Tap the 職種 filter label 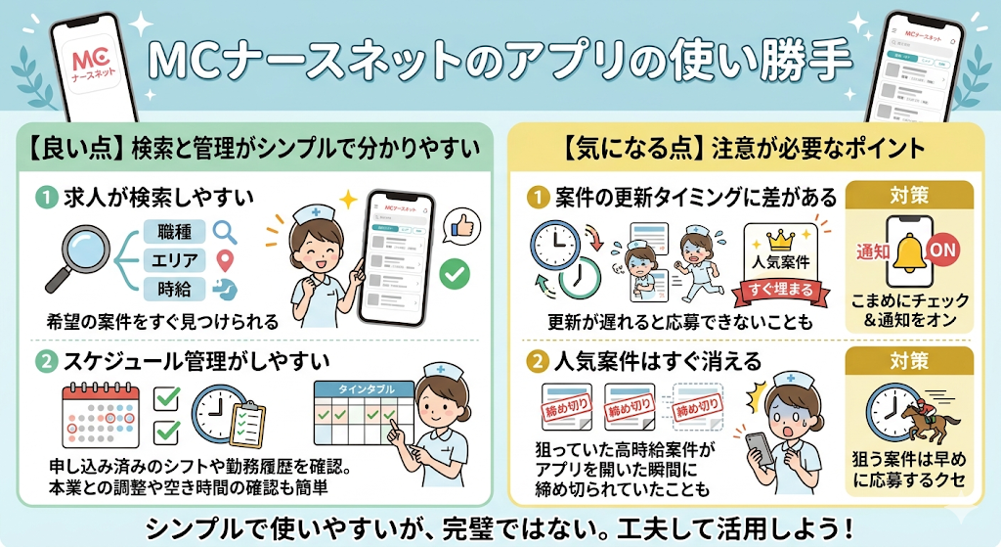point(173,232)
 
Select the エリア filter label point(173,260)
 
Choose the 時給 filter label point(173,289)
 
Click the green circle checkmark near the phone point(454,276)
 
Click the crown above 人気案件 point(781,240)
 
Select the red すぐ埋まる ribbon point(782,289)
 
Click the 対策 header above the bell point(909,195)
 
